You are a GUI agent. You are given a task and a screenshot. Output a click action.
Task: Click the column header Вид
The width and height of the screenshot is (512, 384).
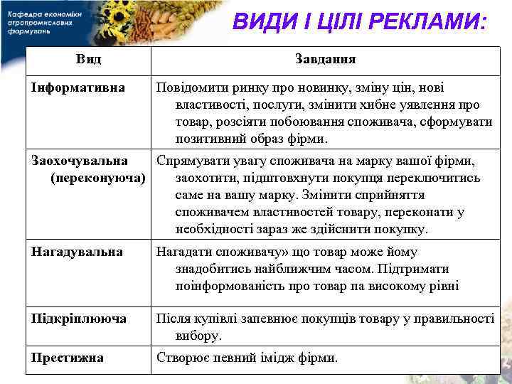pyautogui.click(x=88, y=59)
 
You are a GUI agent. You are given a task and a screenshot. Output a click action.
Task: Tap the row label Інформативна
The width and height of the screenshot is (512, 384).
pyautogui.click(x=78, y=88)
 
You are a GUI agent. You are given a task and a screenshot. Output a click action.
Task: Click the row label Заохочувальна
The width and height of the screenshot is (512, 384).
pyautogui.click(x=80, y=161)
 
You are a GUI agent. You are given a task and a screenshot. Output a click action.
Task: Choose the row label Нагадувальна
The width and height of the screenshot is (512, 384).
pyautogui.click(x=77, y=252)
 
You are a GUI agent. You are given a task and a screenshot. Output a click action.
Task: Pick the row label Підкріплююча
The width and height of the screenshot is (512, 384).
pyautogui.click(x=79, y=319)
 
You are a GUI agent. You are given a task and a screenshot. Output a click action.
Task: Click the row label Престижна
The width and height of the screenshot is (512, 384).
pyautogui.click(x=68, y=357)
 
